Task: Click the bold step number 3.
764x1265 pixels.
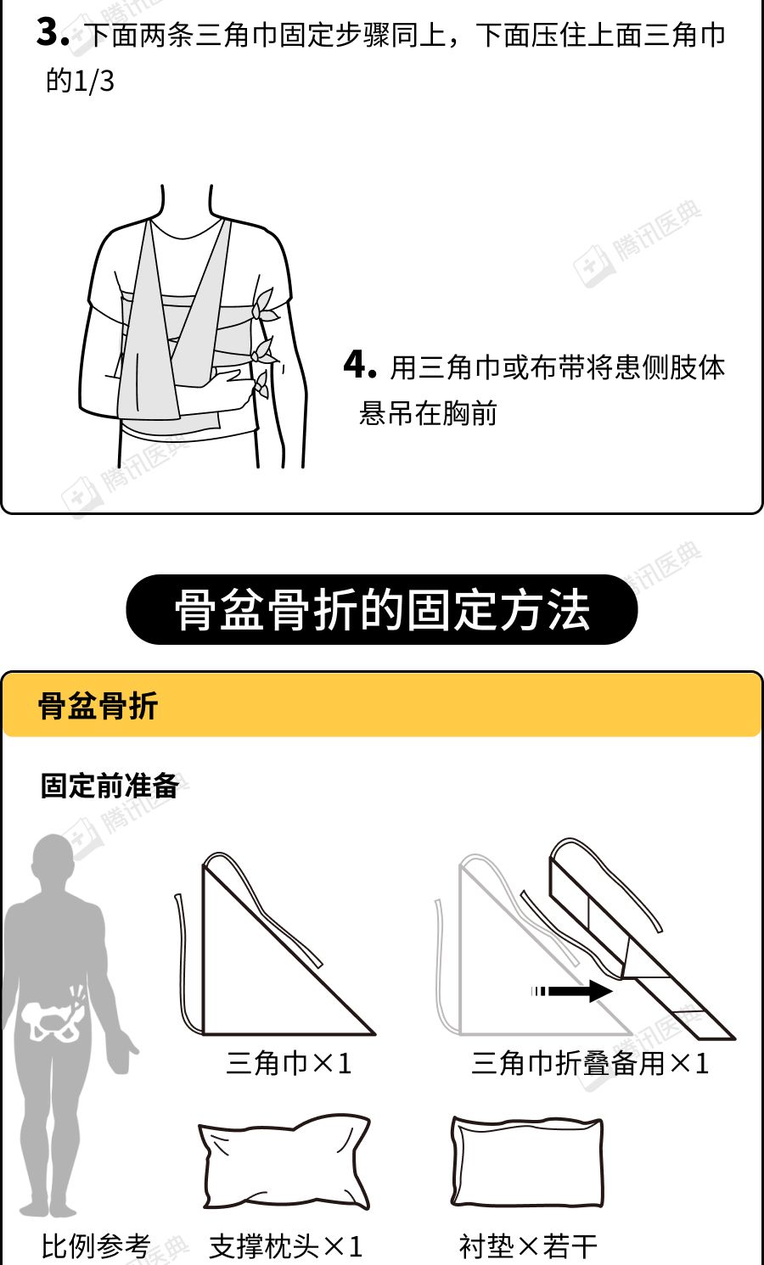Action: tap(53, 33)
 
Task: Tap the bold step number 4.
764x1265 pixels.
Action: tap(359, 364)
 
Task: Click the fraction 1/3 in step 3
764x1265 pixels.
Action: tap(93, 82)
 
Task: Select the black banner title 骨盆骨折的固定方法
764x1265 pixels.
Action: tap(382, 609)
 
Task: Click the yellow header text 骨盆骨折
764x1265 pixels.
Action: tap(98, 705)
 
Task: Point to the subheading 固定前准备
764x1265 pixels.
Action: tap(110, 786)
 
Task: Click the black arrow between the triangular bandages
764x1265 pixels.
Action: tap(571, 991)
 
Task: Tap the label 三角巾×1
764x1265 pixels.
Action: tap(289, 1063)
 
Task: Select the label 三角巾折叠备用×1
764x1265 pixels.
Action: tap(590, 1063)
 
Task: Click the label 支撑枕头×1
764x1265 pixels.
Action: tap(286, 1245)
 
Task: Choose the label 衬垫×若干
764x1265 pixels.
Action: tap(528, 1245)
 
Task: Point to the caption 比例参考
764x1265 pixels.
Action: tap(96, 1245)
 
